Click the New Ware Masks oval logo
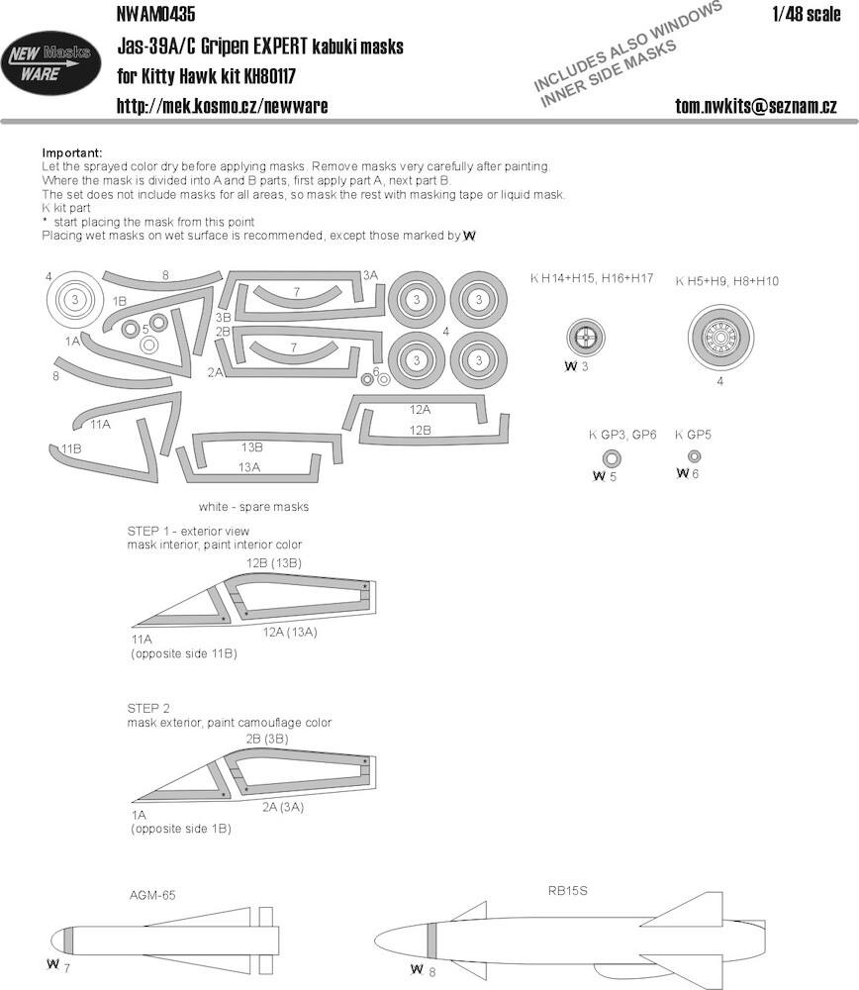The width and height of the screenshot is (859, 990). (x=49, y=64)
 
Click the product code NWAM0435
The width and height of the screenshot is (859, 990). (x=156, y=13)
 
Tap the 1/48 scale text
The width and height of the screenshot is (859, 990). (x=806, y=15)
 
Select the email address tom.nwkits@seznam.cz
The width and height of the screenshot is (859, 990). (x=755, y=106)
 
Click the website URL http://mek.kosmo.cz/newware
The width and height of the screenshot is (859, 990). (x=222, y=106)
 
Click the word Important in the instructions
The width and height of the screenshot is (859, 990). (x=71, y=152)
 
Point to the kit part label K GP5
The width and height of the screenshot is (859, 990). (x=693, y=435)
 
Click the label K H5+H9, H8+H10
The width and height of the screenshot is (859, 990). (x=727, y=281)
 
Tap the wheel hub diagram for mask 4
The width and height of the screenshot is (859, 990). (x=720, y=338)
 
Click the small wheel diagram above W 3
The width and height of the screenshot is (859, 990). (x=585, y=338)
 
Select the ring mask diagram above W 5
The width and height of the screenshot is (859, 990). (x=612, y=458)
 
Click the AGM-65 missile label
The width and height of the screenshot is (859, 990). (x=152, y=895)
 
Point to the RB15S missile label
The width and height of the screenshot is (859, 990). (x=567, y=891)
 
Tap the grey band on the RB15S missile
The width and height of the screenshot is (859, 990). (x=431, y=941)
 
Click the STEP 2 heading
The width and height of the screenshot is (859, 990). (x=148, y=709)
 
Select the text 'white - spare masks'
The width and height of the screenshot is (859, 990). (x=253, y=506)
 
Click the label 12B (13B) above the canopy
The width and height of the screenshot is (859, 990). (x=274, y=562)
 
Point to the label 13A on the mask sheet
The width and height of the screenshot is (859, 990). (x=249, y=467)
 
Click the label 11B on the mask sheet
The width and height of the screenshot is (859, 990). (x=71, y=448)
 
